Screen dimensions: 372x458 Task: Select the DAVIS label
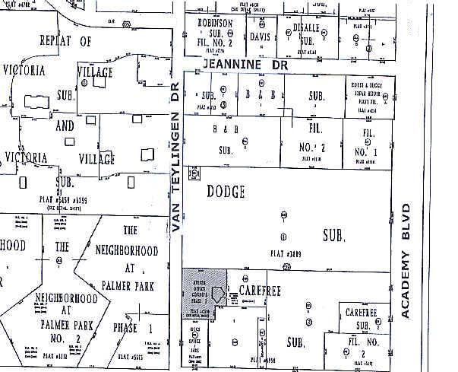coord(261,36)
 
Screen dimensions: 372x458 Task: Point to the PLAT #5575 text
coord(131,355)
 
